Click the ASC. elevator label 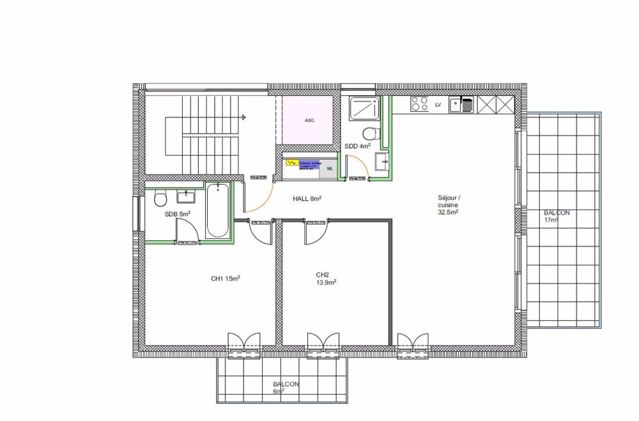[309, 120]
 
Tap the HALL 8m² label [307, 199]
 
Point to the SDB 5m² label [177, 214]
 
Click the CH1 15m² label [225, 278]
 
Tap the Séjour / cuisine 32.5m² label [450, 205]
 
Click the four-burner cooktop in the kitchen [420, 104]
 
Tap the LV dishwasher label [438, 104]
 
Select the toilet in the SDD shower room [369, 134]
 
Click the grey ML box [330, 168]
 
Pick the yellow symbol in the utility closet [291, 164]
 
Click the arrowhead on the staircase [245, 117]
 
